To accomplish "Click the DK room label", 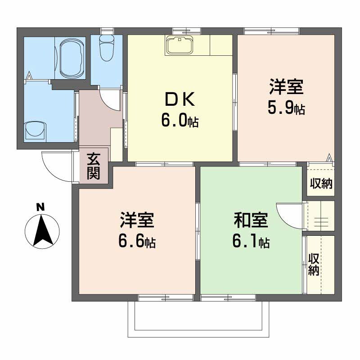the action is click(180, 99).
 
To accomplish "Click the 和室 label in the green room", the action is click(251, 220).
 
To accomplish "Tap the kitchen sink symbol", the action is click(180, 45).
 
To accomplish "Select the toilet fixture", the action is click(106, 48).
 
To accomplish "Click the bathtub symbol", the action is click(71, 58).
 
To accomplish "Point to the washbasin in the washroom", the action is click(36, 130).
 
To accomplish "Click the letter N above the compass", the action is click(40, 207).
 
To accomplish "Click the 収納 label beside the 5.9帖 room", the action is click(321, 183).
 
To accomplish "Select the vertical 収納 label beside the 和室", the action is click(313, 265).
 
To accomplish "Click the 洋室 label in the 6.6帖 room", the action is click(137, 220).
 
